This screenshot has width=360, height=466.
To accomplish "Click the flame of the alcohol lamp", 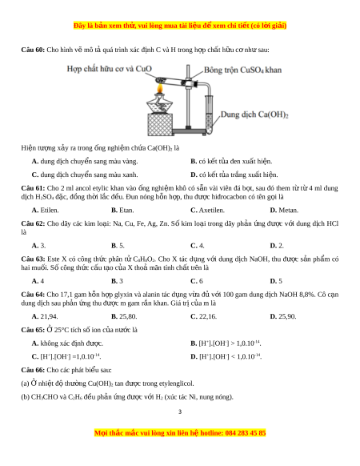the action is click(x=160, y=88).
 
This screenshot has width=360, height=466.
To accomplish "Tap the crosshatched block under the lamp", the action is click(x=160, y=125).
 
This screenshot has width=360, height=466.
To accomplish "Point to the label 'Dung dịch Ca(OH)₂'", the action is click(x=254, y=114).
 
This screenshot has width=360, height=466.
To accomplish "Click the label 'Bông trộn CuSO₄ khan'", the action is click(x=242, y=70).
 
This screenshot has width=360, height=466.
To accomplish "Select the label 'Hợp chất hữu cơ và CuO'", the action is click(x=110, y=69).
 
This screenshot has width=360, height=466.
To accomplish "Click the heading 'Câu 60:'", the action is click(x=33, y=50).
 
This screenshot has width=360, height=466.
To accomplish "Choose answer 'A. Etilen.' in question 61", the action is click(x=45, y=210).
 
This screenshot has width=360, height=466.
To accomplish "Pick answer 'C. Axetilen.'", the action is click(x=207, y=210).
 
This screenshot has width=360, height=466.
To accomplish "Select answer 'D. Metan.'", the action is click(x=284, y=210).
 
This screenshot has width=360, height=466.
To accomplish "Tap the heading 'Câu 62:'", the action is click(x=33, y=223).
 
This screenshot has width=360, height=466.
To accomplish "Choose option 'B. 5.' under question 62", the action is click(x=118, y=246).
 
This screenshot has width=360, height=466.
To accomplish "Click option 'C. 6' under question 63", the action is click(x=197, y=281).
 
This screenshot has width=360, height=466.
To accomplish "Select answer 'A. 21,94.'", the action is click(x=45, y=316).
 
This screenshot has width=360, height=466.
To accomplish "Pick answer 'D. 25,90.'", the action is click(x=283, y=316).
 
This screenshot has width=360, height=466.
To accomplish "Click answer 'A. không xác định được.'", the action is click(x=67, y=343).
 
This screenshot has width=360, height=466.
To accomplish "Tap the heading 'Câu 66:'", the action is click(x=33, y=370).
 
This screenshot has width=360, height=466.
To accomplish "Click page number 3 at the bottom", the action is click(x=180, y=412).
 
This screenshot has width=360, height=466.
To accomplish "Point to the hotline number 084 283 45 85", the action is click(x=246, y=432).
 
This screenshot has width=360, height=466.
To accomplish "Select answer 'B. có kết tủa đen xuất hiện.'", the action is click(x=231, y=162).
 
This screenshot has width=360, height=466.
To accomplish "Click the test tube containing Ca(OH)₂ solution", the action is click(x=209, y=114).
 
